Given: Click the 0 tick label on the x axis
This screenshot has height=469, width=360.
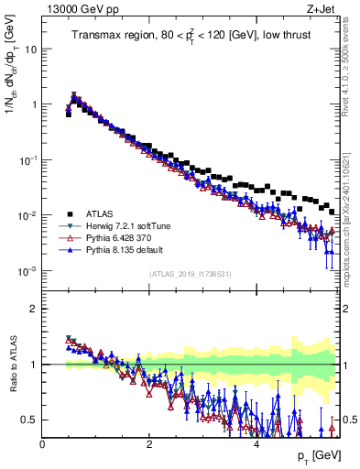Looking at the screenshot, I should [42, 444].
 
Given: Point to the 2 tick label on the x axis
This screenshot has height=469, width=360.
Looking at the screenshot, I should [149, 444].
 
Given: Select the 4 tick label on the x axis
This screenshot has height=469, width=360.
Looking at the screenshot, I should [256, 444].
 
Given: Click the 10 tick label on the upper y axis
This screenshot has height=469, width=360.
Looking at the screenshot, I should [29, 49].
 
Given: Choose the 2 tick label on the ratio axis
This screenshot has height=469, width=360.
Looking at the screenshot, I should [34, 309].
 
